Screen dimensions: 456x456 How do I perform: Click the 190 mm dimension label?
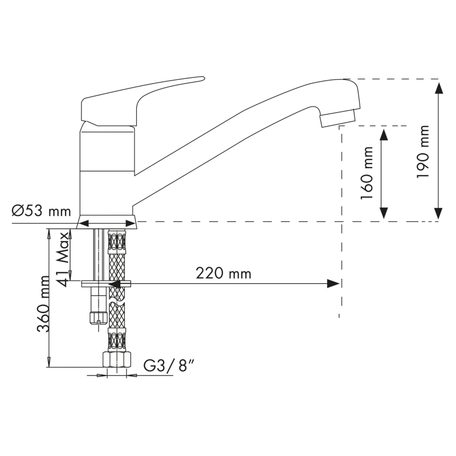pos(423,157)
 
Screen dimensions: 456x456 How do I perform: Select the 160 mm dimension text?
pos(368,172)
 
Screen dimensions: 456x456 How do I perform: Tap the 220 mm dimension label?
pos(223,274)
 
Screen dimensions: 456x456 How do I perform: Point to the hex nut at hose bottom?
pos(116,360)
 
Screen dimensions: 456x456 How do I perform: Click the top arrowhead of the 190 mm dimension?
pos(438,87)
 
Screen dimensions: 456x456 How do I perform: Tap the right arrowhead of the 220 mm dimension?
pos(333,283)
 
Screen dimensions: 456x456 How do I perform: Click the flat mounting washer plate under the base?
pos(107,283)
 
